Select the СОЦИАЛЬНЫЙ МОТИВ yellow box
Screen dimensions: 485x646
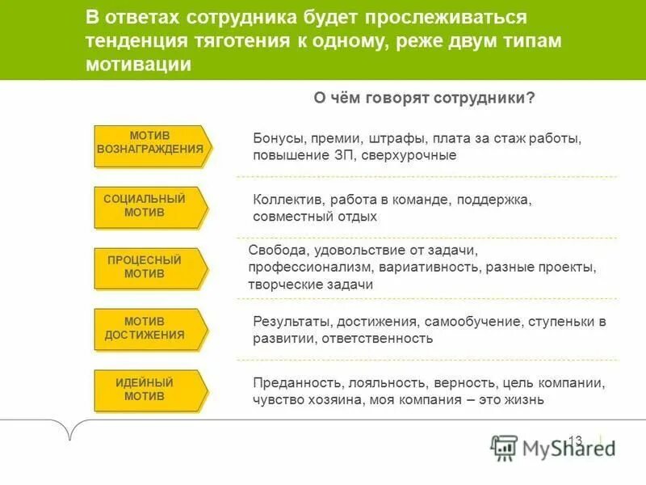coord(150,207)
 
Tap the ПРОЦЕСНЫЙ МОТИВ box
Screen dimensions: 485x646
coord(150,268)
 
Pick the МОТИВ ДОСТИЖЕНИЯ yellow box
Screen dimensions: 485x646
coord(150,329)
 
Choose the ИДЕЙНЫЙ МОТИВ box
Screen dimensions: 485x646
coord(150,390)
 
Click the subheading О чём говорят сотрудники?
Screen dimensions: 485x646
coord(424,98)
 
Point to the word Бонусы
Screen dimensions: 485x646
coord(276,138)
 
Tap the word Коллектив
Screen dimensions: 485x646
coord(283,200)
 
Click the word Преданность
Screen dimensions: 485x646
coord(291,383)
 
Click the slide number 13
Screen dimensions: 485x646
coord(575,441)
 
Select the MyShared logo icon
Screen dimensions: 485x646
coord(505,448)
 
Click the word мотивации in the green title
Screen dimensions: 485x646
coord(138,65)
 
